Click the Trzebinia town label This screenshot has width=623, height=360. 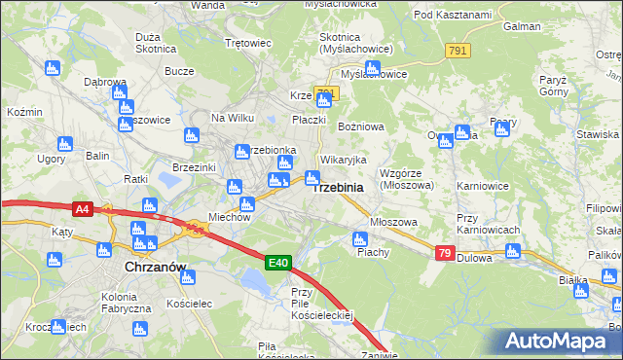pyautogui.click(x=337, y=187)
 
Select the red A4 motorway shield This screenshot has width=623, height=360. pyautogui.click(x=83, y=207)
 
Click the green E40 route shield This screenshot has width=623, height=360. pyautogui.click(x=277, y=262)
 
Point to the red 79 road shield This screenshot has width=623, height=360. pyautogui.click(x=444, y=253)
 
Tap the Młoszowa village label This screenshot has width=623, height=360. pyautogui.click(x=394, y=222)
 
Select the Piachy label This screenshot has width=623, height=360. pyautogui.click(x=373, y=252)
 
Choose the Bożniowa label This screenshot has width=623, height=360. pyautogui.click(x=360, y=126)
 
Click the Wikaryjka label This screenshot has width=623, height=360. pyautogui.click(x=343, y=159)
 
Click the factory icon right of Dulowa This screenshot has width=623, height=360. pyautogui.click(x=512, y=251)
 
